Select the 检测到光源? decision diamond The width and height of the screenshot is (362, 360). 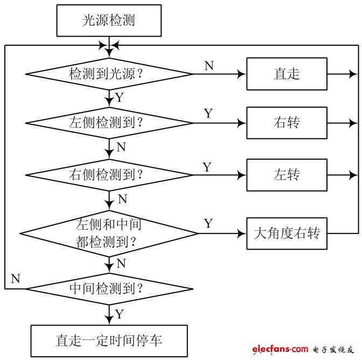(x=109, y=74)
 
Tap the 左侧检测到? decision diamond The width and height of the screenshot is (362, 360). (x=109, y=123)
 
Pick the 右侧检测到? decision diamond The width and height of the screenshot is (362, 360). (x=109, y=175)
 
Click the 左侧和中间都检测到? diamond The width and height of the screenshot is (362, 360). (x=109, y=233)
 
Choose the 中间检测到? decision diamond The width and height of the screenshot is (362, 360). (x=109, y=289)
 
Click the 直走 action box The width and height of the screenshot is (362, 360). (x=287, y=74)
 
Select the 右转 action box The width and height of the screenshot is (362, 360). (x=287, y=123)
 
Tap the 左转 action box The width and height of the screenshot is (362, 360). (x=287, y=175)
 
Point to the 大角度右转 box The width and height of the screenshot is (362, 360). (x=287, y=233)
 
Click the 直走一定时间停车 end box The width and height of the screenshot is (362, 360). (x=109, y=340)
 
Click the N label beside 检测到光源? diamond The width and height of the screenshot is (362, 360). (x=209, y=66)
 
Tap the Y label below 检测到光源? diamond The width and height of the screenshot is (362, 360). (x=120, y=98)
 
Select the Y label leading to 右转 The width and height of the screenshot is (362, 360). (x=208, y=114)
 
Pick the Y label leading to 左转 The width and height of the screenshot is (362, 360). (x=207, y=167)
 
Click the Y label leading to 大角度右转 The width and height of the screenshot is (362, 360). (x=208, y=223)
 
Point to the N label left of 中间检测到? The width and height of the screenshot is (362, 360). (x=16, y=279)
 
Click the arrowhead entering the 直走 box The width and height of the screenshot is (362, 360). (x=243, y=74)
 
